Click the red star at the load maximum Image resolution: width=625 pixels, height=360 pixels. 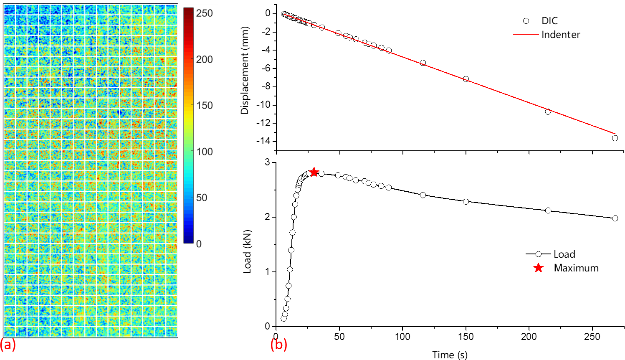coord(314,172)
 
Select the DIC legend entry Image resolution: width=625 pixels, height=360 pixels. coord(549,21)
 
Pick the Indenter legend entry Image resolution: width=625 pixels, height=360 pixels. coord(561,35)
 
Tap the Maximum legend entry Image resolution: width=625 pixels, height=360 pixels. coord(576,268)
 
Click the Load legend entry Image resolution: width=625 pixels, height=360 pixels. coord(564,254)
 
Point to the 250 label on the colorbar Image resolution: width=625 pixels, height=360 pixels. coord(204,13)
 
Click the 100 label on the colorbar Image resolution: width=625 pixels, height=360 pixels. coord(204,152)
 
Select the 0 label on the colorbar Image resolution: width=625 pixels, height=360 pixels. coord(199,244)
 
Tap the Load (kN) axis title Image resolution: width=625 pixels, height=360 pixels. coord(247,251)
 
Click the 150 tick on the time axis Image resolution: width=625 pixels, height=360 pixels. coord(466,337)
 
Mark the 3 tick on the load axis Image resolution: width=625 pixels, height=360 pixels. coord(268,162)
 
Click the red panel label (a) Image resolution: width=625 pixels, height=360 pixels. coord(8,345)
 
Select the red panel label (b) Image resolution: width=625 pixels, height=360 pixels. coord(279,345)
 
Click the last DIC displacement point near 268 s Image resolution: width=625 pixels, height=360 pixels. coord(615,138)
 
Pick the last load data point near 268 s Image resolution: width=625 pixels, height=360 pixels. coord(615,218)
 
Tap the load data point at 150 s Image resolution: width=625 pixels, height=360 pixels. coord(466,202)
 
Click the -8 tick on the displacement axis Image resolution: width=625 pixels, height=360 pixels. coord(265,86)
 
